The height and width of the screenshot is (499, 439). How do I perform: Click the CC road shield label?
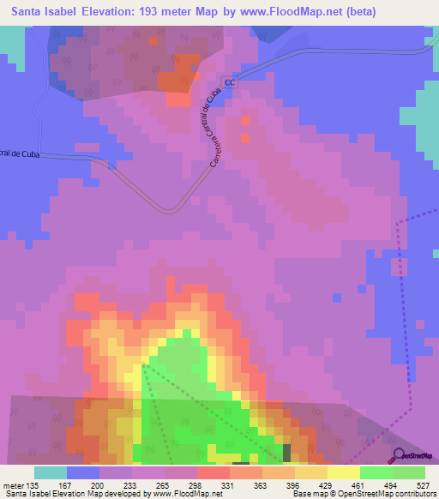(229, 83)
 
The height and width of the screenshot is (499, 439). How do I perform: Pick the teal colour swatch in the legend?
(51, 472)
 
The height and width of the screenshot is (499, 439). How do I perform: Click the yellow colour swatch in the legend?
(343, 472)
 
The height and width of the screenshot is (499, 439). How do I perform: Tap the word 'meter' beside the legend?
(15, 484)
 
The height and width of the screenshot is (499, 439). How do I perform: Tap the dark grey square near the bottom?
(287, 451)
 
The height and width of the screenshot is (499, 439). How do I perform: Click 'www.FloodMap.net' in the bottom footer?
(183, 494)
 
